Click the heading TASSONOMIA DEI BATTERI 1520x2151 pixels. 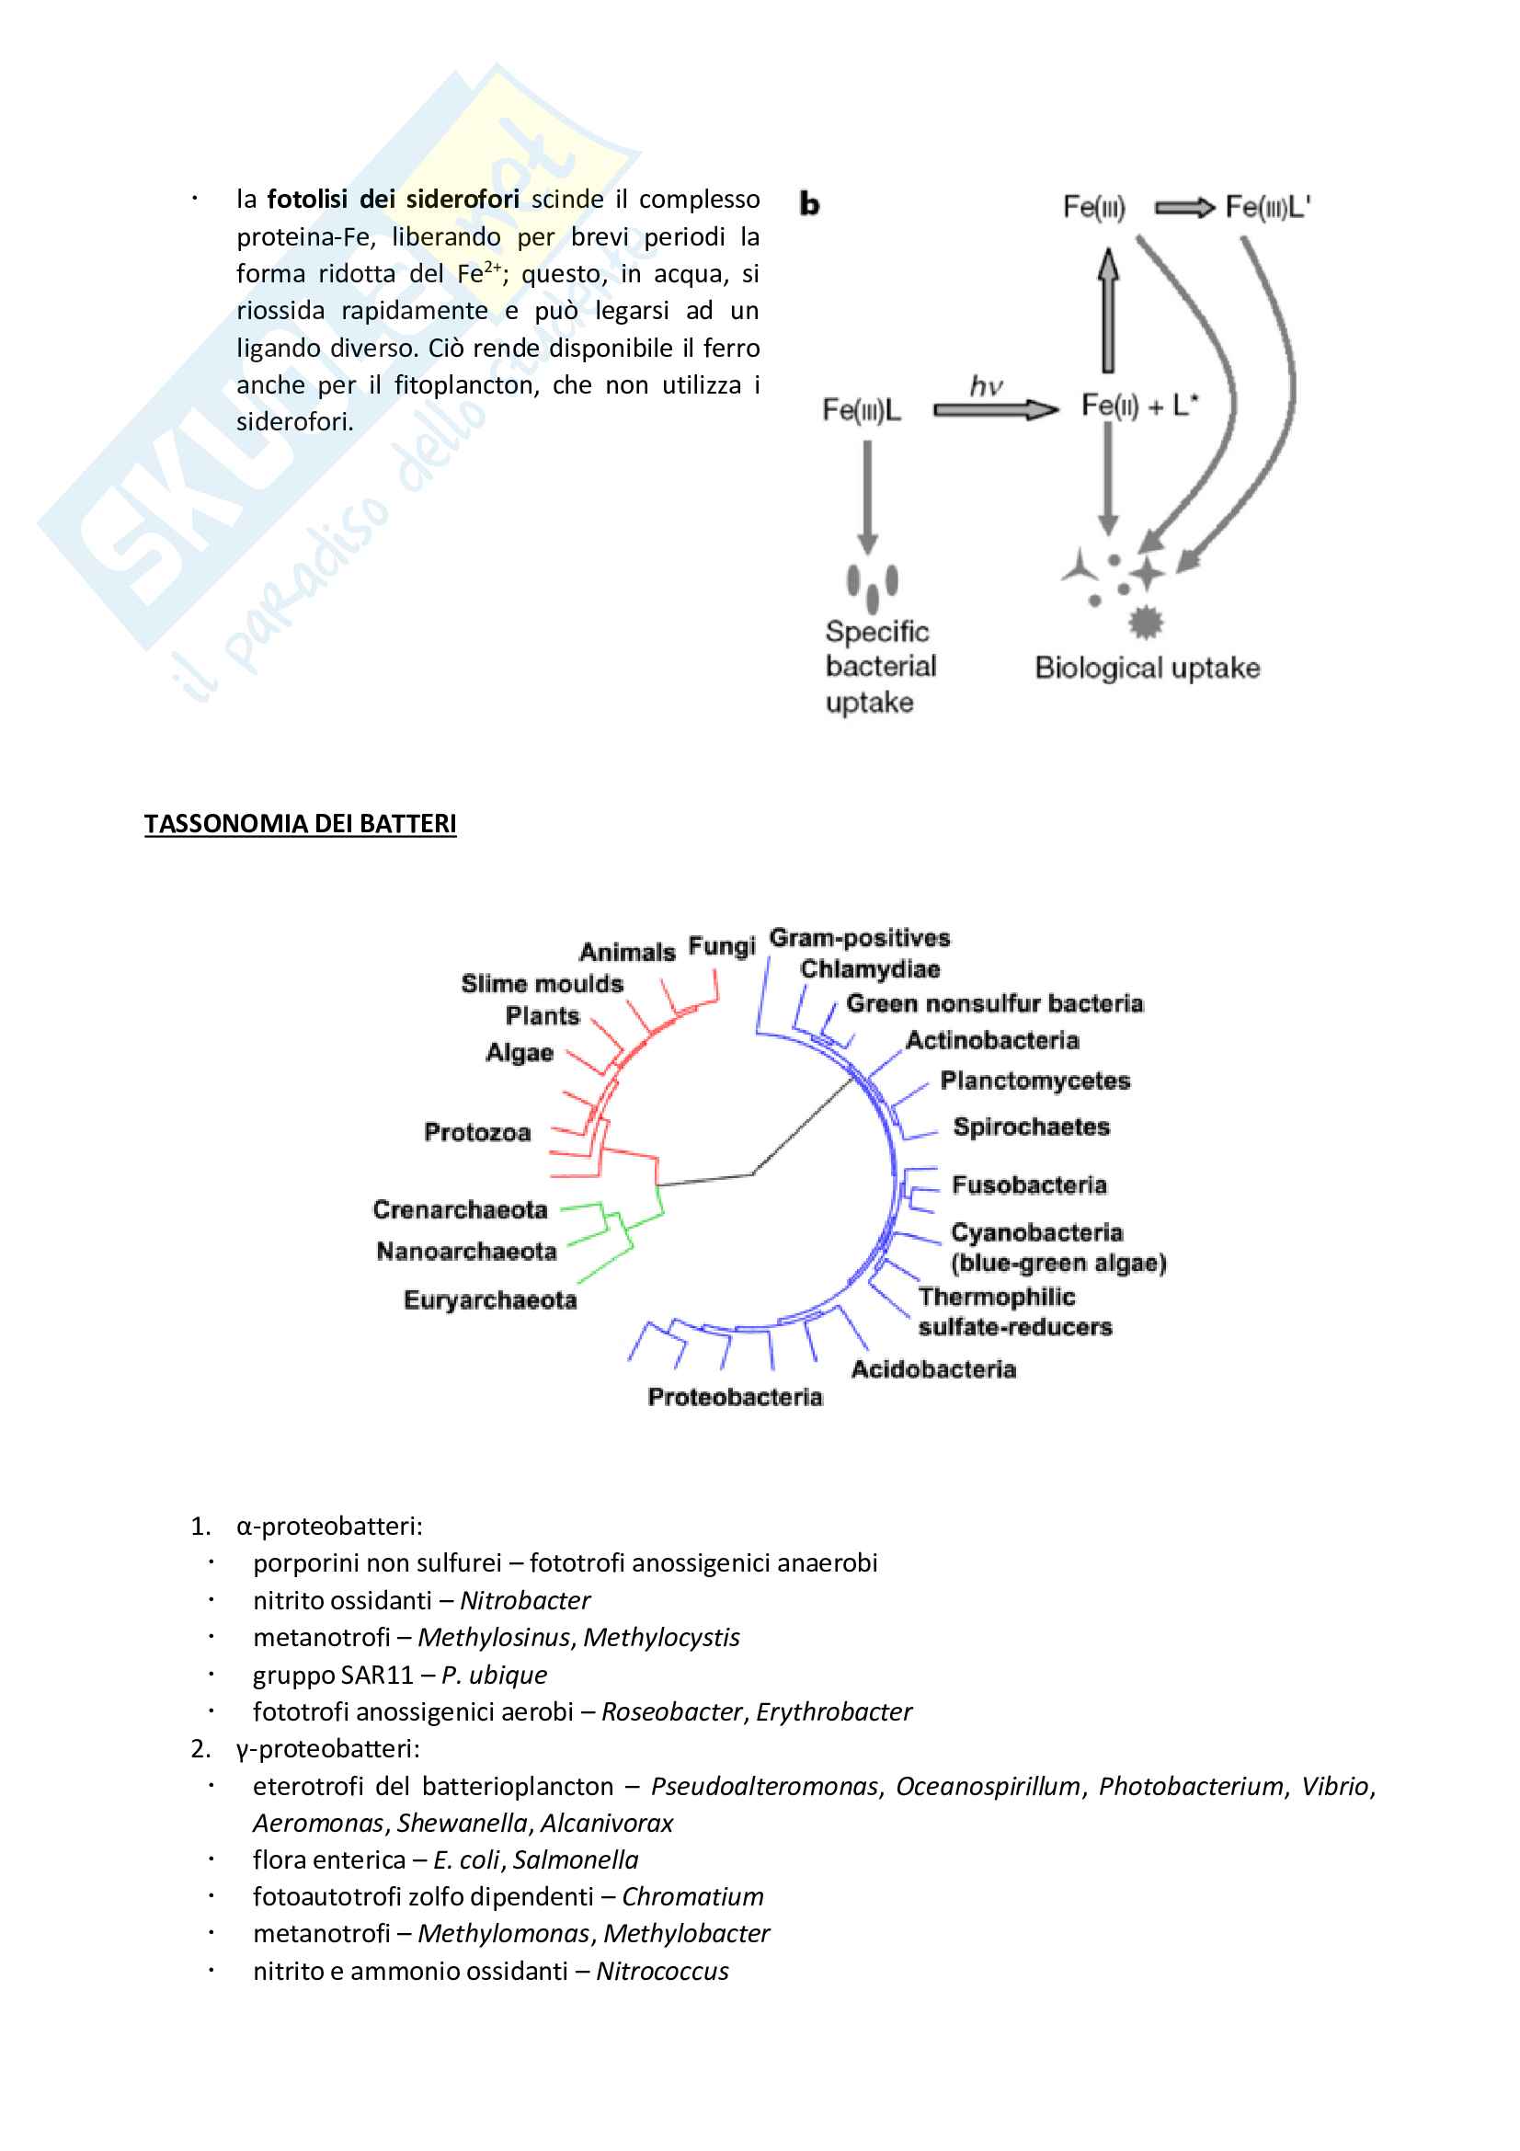(300, 823)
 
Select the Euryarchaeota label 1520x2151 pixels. (490, 1300)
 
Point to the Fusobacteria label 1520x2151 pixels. (1028, 1185)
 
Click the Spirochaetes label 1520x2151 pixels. (1030, 1127)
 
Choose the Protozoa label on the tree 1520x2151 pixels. (476, 1133)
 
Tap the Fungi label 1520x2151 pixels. (721, 946)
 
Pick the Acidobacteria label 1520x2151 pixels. (932, 1369)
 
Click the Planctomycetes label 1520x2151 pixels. (1034, 1081)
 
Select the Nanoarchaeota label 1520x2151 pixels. (465, 1252)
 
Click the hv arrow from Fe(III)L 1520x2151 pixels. (995, 409)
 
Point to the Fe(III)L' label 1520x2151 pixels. (1267, 207)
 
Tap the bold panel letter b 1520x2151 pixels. (809, 204)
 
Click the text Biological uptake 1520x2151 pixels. (1147, 668)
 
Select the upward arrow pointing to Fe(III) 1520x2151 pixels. (1108, 309)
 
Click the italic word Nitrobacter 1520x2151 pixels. (524, 1600)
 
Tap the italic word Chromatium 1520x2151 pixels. (692, 1897)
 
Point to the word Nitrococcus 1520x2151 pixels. (662, 1971)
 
